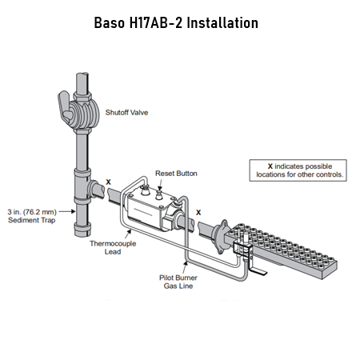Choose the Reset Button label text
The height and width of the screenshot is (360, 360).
pos(176,173)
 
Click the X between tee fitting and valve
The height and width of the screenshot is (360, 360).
pos(108,182)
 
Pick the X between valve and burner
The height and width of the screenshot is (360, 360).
pos(198,213)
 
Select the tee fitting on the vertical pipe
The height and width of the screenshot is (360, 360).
pos(80,190)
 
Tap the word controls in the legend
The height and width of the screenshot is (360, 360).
pos(327,174)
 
